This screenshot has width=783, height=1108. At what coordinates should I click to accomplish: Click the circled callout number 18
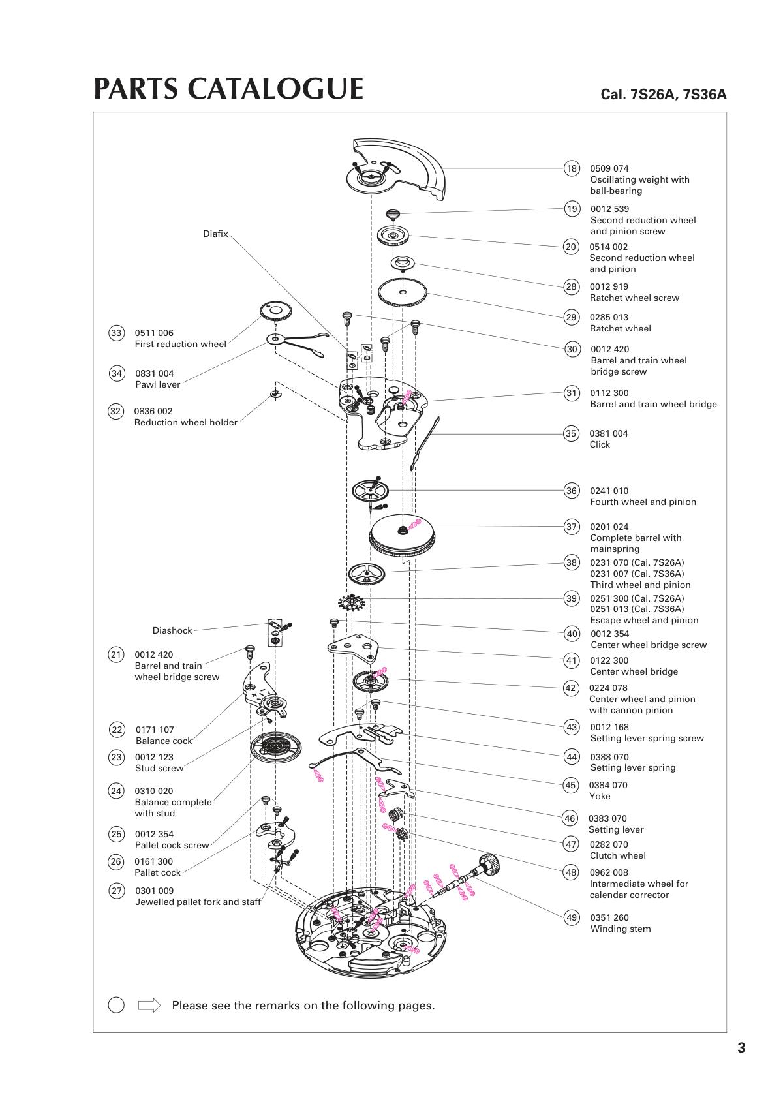click(572, 168)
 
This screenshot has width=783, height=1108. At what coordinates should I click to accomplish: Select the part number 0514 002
click(609, 247)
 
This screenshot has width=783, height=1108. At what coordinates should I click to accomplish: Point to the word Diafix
click(215, 234)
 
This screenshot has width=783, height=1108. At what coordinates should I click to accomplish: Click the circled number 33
click(116, 333)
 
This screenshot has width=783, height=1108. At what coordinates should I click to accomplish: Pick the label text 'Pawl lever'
click(157, 384)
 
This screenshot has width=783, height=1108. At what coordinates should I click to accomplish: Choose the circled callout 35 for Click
click(571, 433)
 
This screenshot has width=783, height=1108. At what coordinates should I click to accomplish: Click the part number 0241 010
click(609, 491)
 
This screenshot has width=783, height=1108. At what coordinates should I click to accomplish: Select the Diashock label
click(172, 630)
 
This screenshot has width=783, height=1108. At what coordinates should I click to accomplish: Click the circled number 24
click(115, 791)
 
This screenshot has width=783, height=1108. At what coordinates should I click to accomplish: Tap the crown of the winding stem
click(489, 865)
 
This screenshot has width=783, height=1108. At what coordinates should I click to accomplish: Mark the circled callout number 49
click(572, 917)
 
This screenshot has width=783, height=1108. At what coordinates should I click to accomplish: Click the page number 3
click(741, 1048)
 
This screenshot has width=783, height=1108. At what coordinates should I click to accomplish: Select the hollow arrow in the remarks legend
click(149, 1005)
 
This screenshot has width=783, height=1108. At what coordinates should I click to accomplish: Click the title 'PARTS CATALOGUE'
click(228, 89)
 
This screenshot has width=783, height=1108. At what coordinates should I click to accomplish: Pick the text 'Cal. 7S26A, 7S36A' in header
click(663, 94)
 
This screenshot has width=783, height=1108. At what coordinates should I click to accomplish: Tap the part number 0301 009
click(155, 891)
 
